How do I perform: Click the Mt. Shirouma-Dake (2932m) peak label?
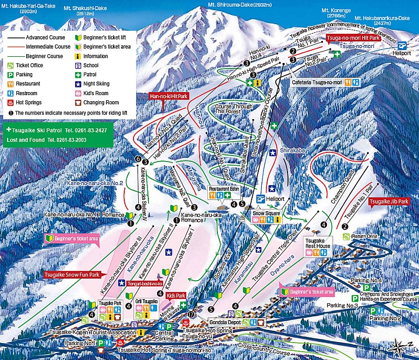click(x=239, y=4)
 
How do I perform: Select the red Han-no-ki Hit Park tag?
click(x=168, y=95)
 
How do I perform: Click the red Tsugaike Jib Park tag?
click(x=389, y=201)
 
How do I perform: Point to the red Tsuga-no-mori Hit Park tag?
click(x=353, y=38)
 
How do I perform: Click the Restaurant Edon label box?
click(x=224, y=189)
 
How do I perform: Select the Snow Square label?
click(x=266, y=213)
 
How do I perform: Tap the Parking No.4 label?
click(x=367, y=281)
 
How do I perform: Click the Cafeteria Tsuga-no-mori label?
click(x=317, y=82)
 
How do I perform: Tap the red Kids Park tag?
click(x=175, y=296)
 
